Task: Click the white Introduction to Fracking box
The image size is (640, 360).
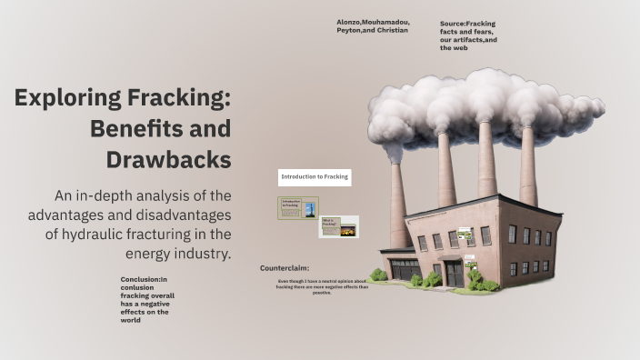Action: coord(315,176)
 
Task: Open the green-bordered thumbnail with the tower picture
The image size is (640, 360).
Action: coord(298,208)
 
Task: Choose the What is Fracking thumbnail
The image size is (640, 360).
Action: coord(338,226)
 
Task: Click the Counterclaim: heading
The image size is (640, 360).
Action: coord(285,268)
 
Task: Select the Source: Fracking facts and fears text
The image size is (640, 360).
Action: coord(467,35)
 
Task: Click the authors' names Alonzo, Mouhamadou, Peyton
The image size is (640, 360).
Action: coord(372,25)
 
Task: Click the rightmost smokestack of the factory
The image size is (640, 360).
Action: coord(527,168)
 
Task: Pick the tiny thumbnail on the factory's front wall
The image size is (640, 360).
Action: coord(465,236)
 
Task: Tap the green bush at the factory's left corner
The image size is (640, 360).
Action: coord(378,275)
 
